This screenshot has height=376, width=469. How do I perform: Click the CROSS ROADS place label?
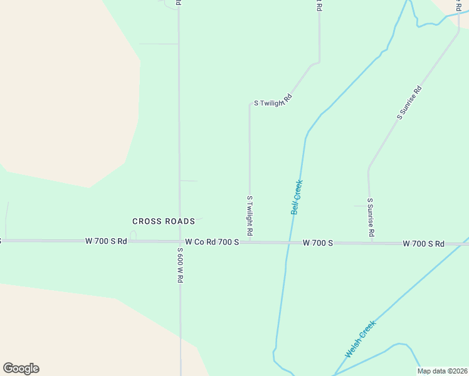163,221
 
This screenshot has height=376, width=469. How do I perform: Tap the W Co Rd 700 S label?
212,242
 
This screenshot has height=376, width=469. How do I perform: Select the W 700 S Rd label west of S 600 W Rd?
106,241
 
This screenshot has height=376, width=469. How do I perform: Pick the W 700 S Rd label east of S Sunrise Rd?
423,243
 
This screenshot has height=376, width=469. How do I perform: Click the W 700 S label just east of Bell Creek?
317,243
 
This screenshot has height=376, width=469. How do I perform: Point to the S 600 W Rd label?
179,265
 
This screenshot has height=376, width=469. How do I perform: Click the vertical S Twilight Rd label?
250,216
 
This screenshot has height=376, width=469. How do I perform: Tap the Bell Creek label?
297,197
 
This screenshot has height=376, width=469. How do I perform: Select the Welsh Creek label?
360,339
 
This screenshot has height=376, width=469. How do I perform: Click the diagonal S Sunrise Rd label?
409,102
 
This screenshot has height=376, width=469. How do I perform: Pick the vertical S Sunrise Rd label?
371,217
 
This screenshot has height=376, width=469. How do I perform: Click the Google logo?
21,368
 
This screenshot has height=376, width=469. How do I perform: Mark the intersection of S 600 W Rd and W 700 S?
180,241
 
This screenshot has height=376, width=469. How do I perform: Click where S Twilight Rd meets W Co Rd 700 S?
250,241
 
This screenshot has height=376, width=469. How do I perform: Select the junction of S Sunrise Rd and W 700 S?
371,242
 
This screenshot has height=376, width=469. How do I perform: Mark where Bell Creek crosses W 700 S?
289,242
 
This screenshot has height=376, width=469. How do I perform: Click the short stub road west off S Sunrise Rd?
360,206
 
